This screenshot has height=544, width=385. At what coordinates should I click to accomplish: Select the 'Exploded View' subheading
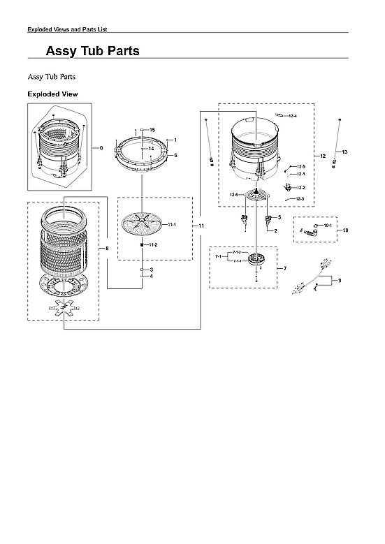pyautogui.click(x=52, y=94)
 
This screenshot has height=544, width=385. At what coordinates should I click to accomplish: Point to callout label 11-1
pyautogui.click(x=171, y=224)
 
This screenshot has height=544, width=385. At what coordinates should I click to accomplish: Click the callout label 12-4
pyautogui.click(x=292, y=115)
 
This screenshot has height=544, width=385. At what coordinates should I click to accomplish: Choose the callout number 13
pyautogui.click(x=344, y=152)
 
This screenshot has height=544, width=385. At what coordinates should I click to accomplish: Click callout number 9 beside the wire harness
pyautogui.click(x=339, y=281)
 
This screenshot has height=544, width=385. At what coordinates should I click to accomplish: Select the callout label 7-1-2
pyautogui.click(x=236, y=251)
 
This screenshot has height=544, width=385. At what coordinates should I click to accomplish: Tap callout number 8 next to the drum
pyautogui.click(x=107, y=249)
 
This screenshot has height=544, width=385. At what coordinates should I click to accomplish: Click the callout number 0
pyautogui.click(x=101, y=148)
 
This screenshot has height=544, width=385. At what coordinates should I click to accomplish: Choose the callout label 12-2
pyautogui.click(x=301, y=188)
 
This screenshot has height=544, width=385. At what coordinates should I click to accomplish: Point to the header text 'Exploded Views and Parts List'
pyautogui.click(x=66, y=29)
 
